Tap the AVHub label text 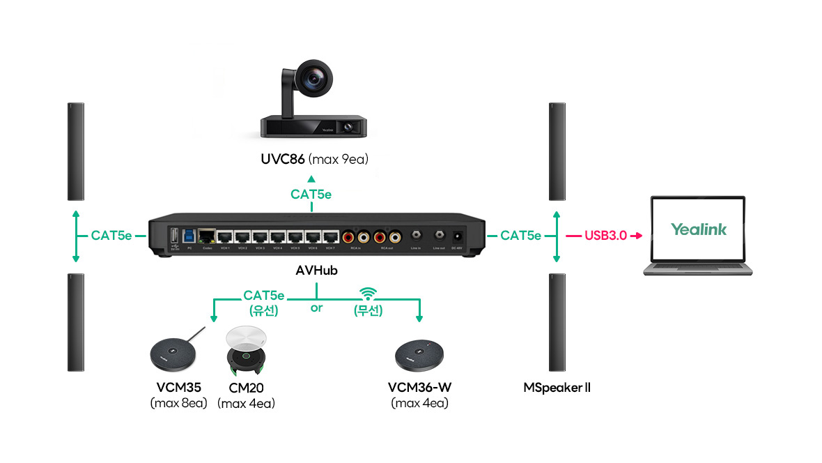point(316,271)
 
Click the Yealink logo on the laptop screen point(699,229)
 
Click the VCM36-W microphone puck point(419,357)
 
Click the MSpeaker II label point(557,387)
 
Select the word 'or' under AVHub point(317,308)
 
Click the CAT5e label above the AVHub point(311,195)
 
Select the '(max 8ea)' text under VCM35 point(179,403)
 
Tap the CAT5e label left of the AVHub point(111,236)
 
